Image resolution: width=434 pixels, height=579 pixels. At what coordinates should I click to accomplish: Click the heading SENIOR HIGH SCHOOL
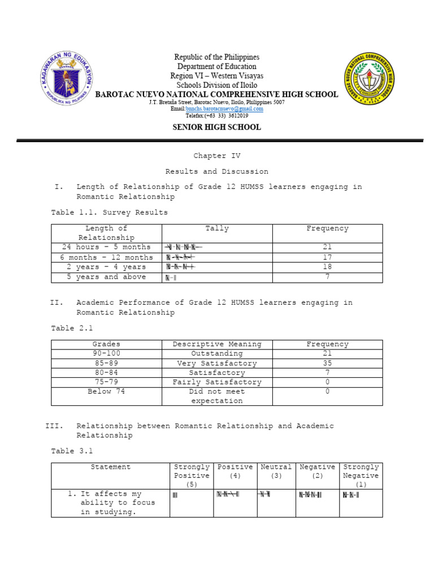pyautogui.click(x=216, y=127)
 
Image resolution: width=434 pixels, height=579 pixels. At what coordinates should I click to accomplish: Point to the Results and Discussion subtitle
pyautogui.click(x=216, y=171)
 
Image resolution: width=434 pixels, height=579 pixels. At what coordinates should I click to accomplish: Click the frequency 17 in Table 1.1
pyautogui.click(x=327, y=257)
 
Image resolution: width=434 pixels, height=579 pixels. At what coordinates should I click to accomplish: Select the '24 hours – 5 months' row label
pyautogui.click(x=106, y=247)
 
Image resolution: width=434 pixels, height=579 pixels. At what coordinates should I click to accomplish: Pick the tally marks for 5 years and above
pyautogui.click(x=171, y=278)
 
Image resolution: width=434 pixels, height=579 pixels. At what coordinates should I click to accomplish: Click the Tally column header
pyautogui.click(x=217, y=228)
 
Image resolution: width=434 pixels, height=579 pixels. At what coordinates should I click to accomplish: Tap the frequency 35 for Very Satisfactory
pyautogui.click(x=327, y=364)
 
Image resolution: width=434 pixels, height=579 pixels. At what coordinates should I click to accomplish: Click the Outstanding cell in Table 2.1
pyautogui.click(x=217, y=353)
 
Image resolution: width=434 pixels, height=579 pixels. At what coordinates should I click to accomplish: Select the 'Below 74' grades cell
pyautogui.click(x=106, y=391)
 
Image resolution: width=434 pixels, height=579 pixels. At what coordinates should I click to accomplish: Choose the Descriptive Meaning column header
pyautogui.click(x=217, y=344)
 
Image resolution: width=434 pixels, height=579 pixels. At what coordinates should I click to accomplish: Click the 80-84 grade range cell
pyautogui.click(x=106, y=373)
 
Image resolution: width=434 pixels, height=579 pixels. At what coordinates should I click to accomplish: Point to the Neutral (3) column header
pyautogui.click(x=276, y=472)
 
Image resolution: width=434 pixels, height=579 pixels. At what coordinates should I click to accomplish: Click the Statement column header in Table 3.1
pyautogui.click(x=110, y=467)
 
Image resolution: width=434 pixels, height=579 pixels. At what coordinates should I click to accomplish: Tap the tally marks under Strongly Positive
pyautogui.click(x=175, y=495)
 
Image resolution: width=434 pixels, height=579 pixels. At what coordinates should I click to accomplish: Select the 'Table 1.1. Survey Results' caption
pyautogui.click(x=109, y=213)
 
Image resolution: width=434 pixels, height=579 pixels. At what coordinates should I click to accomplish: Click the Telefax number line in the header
pyautogui.click(x=216, y=115)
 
